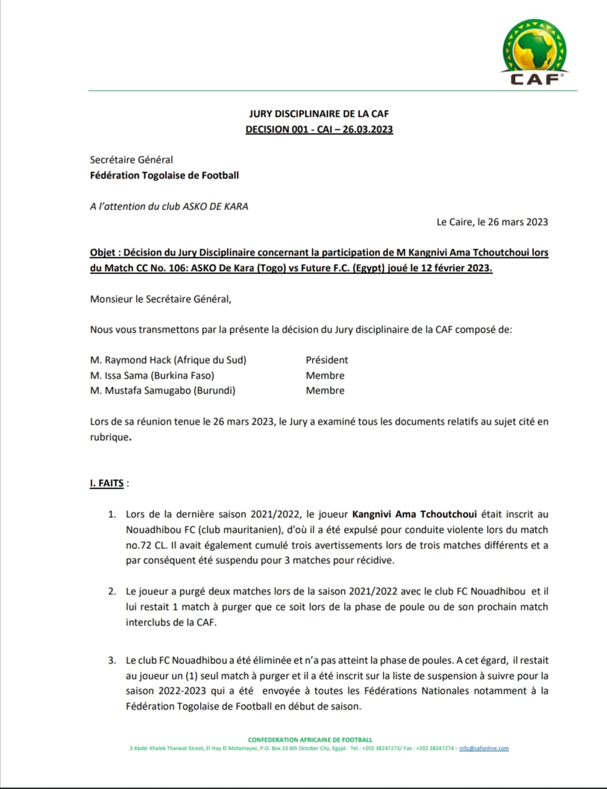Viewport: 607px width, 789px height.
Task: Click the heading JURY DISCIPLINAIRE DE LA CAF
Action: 319,114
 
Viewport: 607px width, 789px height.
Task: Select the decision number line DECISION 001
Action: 319,129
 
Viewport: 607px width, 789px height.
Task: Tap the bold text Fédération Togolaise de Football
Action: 164,175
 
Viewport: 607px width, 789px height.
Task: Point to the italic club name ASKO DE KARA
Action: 215,206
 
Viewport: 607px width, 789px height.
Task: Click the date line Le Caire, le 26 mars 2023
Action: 492,222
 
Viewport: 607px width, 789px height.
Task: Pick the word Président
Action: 327,360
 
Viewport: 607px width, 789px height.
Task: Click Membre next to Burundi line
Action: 325,390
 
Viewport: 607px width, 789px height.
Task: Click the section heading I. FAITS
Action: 107,483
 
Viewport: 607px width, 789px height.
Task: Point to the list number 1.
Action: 112,514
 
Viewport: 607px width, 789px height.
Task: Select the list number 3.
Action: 112,660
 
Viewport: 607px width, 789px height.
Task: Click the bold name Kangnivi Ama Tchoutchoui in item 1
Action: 414,514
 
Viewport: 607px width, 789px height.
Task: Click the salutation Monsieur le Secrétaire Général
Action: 160,298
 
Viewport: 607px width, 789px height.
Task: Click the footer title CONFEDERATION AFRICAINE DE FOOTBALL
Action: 310,740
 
